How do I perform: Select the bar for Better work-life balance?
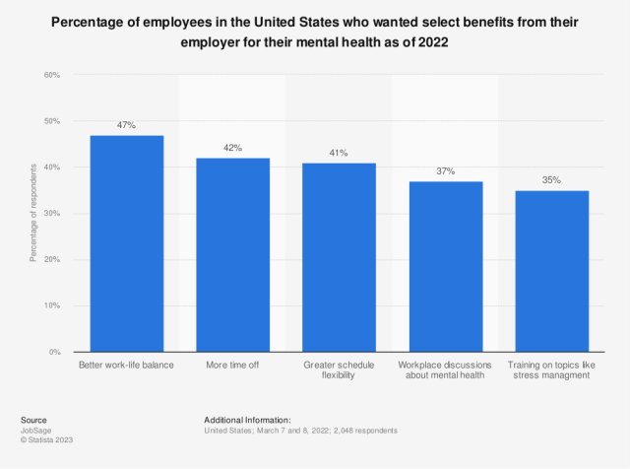127,243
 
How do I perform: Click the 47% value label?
127,126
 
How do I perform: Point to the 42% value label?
233,149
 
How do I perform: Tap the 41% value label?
339,154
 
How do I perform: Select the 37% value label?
446,171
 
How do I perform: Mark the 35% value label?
551,181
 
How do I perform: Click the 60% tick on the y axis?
51,75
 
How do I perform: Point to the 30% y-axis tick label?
51,214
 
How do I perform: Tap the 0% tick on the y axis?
54,352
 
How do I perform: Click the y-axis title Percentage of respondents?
33,214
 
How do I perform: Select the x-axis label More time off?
233,365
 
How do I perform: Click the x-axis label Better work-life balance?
127,365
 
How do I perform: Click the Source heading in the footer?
32,420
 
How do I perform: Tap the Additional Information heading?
248,420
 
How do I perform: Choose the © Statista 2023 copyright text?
47,439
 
